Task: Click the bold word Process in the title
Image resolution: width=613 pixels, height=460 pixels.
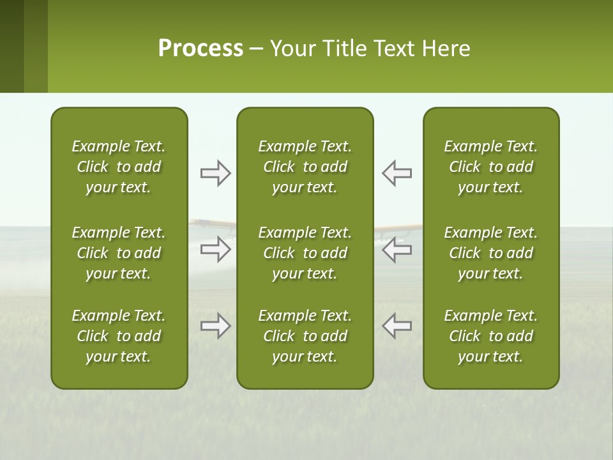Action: click(201, 48)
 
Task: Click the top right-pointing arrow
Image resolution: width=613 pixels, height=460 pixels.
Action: click(215, 173)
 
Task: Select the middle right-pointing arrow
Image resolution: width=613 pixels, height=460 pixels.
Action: click(215, 249)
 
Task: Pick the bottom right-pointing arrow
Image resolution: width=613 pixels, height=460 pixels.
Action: click(215, 326)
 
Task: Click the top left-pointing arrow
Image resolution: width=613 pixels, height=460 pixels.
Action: click(397, 173)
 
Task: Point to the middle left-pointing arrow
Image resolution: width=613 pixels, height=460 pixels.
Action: click(397, 249)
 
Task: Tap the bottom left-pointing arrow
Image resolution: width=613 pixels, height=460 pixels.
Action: click(397, 326)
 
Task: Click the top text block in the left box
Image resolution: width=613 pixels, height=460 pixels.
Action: click(119, 167)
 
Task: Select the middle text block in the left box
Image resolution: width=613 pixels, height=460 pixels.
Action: click(119, 253)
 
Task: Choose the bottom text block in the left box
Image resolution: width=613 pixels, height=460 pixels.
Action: click(119, 336)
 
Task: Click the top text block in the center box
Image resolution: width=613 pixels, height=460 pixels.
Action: click(305, 167)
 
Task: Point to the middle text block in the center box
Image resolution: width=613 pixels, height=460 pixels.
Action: click(305, 253)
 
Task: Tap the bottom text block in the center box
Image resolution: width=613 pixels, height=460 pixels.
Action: click(305, 336)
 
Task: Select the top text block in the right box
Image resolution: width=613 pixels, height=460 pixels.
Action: click(491, 167)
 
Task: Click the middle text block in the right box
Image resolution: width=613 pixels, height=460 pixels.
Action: click(491, 253)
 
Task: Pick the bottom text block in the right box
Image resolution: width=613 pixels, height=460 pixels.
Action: click(491, 336)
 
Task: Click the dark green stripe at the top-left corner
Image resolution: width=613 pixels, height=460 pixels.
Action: click(11, 46)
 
